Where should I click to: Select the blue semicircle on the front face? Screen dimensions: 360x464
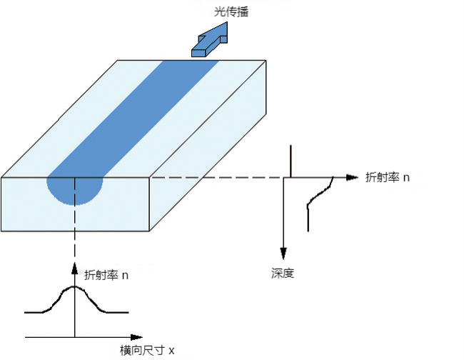[75, 189]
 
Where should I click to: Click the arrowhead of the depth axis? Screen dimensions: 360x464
[283, 254]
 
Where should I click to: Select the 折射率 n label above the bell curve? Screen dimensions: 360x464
[106, 274]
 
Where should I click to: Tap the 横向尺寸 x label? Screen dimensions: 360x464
[147, 350]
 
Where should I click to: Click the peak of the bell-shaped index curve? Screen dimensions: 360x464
[74, 287]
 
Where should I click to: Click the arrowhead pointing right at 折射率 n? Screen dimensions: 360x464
[351, 177]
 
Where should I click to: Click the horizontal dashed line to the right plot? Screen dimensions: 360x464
[214, 177]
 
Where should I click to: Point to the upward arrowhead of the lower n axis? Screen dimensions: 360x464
[74, 267]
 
